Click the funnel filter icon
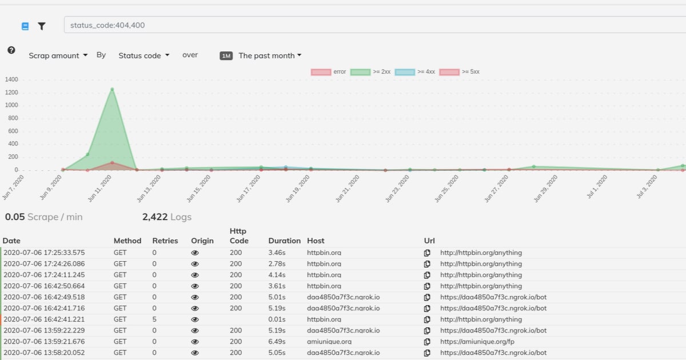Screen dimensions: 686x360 coord(42,26)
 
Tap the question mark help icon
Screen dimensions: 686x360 coord(11,50)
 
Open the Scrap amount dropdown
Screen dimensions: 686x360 coord(58,55)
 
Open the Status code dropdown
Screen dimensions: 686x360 coord(143,55)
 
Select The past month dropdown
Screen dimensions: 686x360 coord(270,55)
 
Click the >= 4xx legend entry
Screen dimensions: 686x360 coord(414,72)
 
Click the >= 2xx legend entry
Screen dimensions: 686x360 coord(370,72)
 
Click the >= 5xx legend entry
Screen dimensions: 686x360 coord(460,72)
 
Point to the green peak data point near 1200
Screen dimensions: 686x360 coord(112,89)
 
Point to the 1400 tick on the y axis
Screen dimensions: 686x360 coord(11,79)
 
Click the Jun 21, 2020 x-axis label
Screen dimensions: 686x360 coord(348,189)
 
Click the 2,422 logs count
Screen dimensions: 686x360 coord(167,217)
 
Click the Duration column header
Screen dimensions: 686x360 coord(285,241)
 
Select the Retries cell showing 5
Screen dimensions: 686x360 coord(154,319)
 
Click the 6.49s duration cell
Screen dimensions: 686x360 coord(277,342)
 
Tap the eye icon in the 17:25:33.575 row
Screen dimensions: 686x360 coord(195,253)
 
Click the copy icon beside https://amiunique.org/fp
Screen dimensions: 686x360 coord(427,342)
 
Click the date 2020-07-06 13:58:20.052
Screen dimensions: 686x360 coord(44,353)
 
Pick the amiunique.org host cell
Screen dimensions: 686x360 coord(329,342)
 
